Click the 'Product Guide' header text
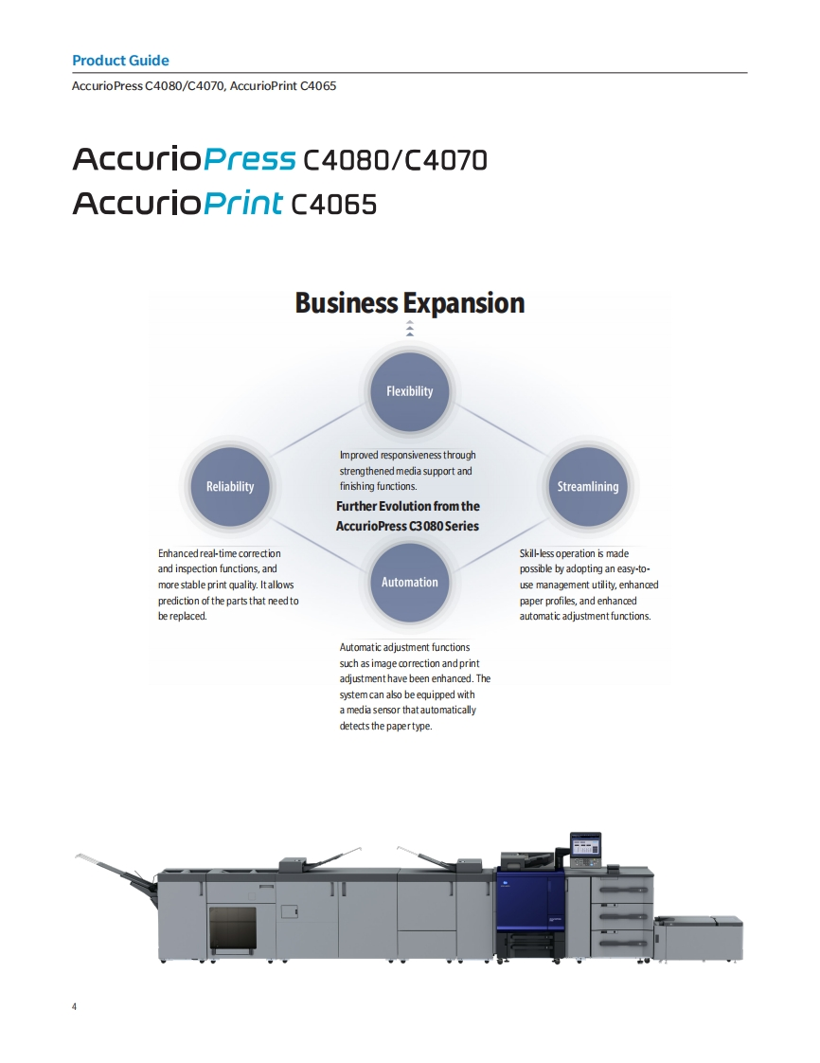point(120,61)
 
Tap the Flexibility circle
point(409,390)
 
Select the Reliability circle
point(230,486)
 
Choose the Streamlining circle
point(588,486)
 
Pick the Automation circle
point(409,582)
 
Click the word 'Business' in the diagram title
point(346,303)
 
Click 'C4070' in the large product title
point(446,160)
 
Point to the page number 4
point(75,1005)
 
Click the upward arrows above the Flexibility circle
point(409,329)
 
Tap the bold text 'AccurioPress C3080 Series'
point(407,526)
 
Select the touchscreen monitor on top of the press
point(585,845)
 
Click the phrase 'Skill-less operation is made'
point(574,553)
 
